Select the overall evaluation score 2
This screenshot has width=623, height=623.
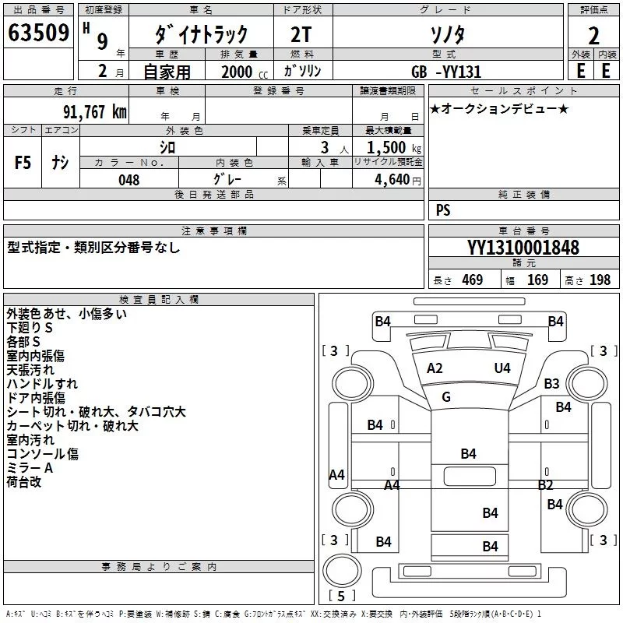point(593,36)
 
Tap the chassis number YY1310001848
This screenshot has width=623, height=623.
point(523,248)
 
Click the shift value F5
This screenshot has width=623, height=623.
point(23,163)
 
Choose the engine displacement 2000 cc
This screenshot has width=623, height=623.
point(238,72)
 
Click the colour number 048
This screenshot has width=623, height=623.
point(129,180)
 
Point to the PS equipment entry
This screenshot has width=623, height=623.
point(443,210)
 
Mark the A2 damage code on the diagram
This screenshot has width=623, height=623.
point(435,368)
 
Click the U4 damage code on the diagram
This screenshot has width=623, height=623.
point(502,368)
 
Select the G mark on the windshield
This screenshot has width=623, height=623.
point(446,397)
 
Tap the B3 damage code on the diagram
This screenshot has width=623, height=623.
point(552,383)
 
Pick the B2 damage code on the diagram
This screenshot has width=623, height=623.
point(545,484)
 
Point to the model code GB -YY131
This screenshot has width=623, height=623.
point(447,72)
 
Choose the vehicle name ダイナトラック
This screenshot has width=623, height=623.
point(202,34)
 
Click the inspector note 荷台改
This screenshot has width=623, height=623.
point(24,482)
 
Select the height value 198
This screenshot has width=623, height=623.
point(600,280)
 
